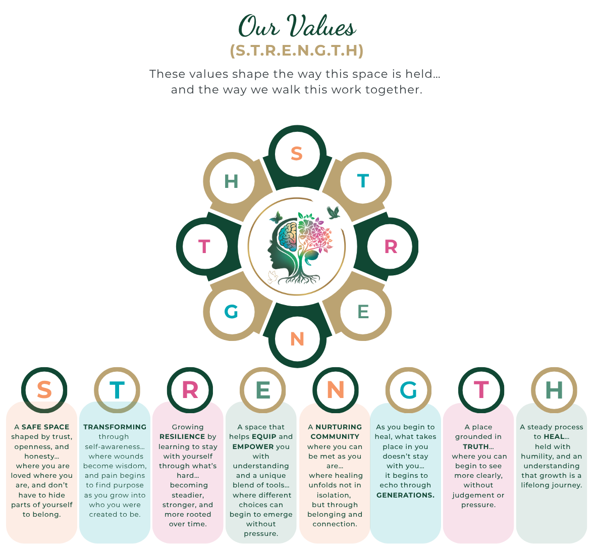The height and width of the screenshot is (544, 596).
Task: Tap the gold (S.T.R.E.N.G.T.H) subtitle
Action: click(297, 51)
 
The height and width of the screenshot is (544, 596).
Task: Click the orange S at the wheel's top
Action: click(296, 154)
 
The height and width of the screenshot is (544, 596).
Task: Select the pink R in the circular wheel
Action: click(391, 246)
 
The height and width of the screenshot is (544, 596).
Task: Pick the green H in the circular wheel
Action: click(231, 181)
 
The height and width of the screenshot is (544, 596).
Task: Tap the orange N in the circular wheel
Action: click(297, 338)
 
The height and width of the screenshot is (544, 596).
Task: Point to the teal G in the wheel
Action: click(231, 312)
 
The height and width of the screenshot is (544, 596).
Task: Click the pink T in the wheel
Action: click(204, 246)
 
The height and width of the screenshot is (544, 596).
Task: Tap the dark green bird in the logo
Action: click(333, 213)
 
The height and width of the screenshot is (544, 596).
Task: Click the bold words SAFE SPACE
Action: click(45, 427)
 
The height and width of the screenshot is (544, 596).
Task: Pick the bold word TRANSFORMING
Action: click(115, 427)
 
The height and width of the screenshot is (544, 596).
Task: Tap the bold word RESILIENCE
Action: click(183, 436)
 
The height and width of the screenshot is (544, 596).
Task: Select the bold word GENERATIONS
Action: click(406, 495)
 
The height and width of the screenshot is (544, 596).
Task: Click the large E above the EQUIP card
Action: click(262, 390)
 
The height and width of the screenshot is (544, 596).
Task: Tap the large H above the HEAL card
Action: click(554, 390)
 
